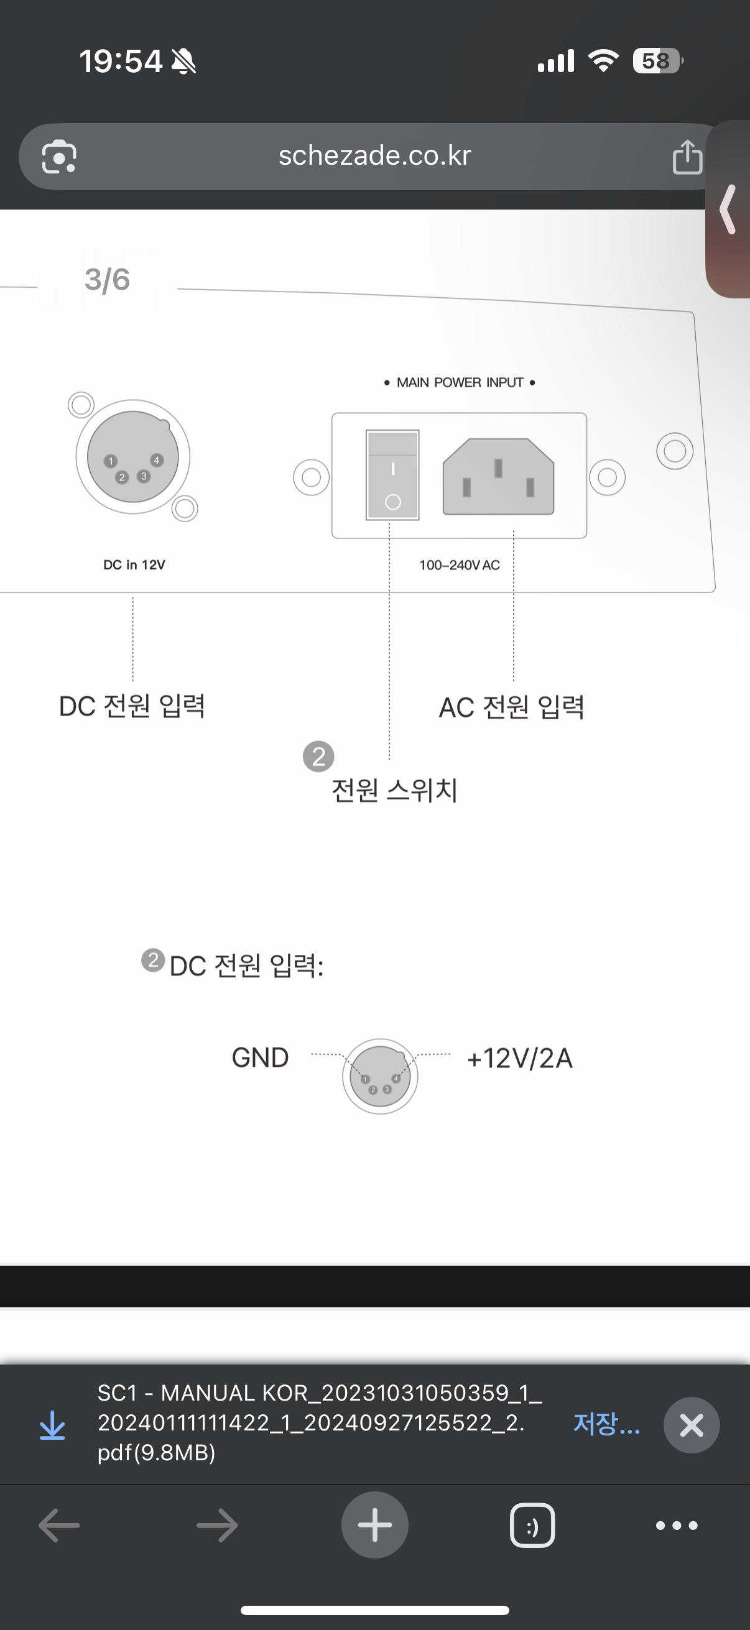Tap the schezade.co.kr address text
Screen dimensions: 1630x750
click(x=374, y=155)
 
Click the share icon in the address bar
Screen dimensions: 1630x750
click(x=687, y=157)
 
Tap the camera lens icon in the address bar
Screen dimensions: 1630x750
click(x=59, y=157)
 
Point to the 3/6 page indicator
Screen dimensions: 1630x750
click(x=107, y=280)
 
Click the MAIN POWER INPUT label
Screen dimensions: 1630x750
click(x=460, y=382)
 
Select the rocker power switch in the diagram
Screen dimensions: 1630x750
click(x=392, y=474)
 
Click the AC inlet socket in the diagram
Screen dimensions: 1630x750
click(x=498, y=476)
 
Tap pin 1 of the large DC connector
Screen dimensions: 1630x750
click(x=111, y=461)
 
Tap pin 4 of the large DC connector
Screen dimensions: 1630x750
click(x=156, y=460)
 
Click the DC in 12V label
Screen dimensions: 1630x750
click(x=134, y=564)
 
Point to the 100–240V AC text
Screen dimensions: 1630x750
click(x=460, y=565)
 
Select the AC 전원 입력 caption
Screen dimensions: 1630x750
click(x=511, y=707)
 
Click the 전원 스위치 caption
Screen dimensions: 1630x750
click(x=394, y=790)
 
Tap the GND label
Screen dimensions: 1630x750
click(x=260, y=1058)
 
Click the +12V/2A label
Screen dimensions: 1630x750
click(x=520, y=1058)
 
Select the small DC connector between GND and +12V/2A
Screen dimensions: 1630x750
click(x=380, y=1075)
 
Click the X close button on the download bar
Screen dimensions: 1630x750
click(x=691, y=1425)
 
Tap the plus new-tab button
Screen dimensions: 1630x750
click(x=374, y=1525)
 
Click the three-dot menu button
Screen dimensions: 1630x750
click(x=677, y=1526)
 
